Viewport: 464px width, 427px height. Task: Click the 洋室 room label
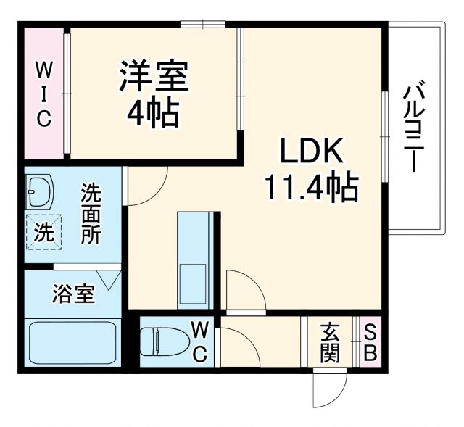(154, 77)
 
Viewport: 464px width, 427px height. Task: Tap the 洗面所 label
(91, 215)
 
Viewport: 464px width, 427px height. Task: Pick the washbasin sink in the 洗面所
(41, 193)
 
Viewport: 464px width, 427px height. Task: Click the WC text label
(199, 342)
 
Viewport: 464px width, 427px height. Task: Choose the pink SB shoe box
(370, 342)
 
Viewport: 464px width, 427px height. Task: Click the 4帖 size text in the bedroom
(154, 112)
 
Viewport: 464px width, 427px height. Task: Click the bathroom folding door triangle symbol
(111, 278)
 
